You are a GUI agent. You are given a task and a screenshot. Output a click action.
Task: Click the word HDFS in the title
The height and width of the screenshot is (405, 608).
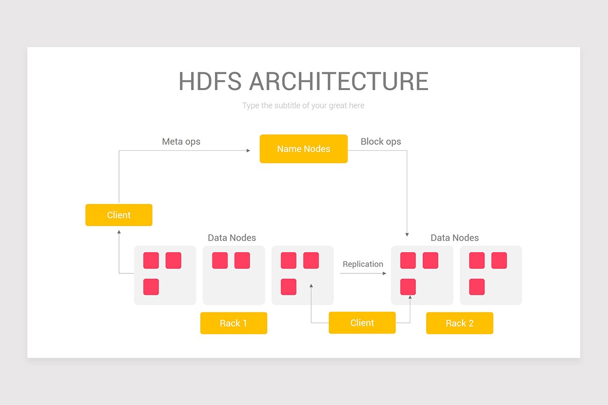tap(209, 82)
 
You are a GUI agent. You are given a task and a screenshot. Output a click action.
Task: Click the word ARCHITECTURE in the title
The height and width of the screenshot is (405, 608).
tap(338, 82)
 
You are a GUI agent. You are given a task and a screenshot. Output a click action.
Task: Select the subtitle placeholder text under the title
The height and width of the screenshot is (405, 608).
tap(303, 105)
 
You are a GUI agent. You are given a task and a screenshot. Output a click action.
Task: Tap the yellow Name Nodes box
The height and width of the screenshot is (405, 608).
tap(303, 149)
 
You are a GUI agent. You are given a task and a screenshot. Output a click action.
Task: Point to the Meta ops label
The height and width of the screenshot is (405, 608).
tap(181, 141)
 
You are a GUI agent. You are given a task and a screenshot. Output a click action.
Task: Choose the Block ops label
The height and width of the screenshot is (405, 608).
tap(381, 141)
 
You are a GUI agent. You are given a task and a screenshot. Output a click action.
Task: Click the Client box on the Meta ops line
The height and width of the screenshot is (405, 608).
tap(119, 215)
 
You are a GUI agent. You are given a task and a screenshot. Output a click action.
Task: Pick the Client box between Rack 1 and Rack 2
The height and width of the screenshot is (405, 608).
tap(362, 323)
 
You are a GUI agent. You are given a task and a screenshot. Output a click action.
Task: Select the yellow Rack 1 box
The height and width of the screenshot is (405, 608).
tap(234, 323)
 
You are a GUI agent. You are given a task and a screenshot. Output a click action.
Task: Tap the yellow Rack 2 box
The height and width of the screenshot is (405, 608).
tap(460, 323)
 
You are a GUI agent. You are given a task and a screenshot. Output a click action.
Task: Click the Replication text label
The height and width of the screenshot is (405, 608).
tap(363, 264)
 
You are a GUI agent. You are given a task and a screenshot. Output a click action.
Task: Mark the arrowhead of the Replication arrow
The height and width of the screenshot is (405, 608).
tap(384, 273)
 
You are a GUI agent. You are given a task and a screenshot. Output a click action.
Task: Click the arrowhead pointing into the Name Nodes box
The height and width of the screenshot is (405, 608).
tap(248, 150)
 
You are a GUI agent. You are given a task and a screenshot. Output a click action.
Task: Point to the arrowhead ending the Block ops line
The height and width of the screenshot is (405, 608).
tap(407, 234)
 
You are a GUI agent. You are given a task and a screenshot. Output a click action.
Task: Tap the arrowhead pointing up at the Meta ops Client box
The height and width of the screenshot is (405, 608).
tap(119, 232)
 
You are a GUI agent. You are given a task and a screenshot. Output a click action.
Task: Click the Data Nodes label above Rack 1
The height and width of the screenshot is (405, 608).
tap(232, 237)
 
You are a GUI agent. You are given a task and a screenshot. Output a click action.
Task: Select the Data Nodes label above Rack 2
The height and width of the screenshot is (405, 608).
tap(454, 237)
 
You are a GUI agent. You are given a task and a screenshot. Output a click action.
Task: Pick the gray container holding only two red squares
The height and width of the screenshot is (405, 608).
tap(234, 275)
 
